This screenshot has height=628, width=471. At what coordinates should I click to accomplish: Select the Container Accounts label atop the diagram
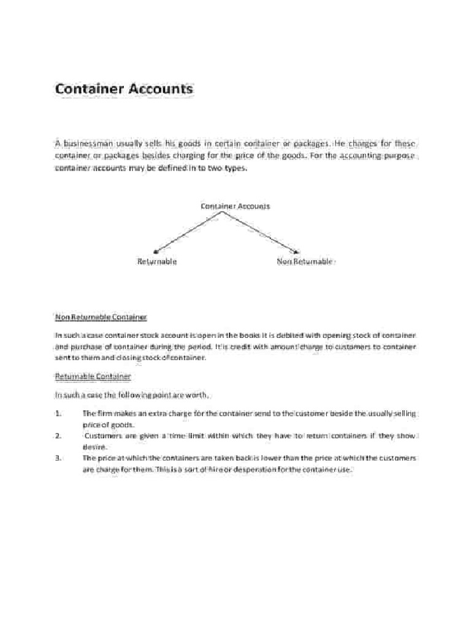[235, 206]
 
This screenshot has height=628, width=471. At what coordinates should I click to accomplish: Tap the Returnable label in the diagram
[157, 261]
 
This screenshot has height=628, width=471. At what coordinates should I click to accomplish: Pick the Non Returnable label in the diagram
[305, 261]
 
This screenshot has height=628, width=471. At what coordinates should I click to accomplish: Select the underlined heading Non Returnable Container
[101, 317]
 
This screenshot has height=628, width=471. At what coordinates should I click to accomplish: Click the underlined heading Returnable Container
[93, 376]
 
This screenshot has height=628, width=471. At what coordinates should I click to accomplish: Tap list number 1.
[58, 414]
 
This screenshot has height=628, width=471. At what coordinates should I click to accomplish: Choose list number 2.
[58, 436]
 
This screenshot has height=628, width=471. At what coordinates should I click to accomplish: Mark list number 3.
[58, 458]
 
